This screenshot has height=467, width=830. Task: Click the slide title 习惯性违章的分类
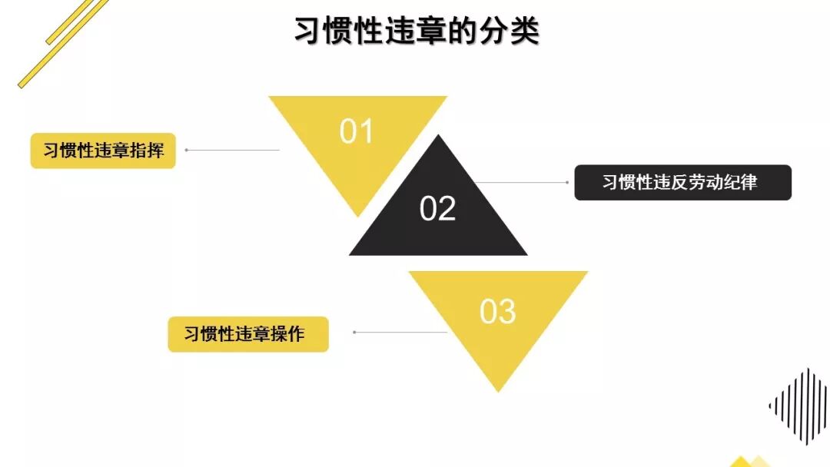coord(417,32)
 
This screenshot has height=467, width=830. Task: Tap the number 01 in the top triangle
coord(357,132)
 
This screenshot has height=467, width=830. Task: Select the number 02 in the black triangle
coord(438,209)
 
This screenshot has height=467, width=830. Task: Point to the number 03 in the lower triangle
coord(497,312)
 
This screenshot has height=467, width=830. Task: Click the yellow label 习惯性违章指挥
coord(103,151)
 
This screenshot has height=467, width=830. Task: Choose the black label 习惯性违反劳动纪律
coord(682,182)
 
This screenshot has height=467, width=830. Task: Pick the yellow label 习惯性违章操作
coord(247,334)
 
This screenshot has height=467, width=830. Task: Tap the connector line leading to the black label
coord(523,183)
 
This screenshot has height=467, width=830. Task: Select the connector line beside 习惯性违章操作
coord(400,333)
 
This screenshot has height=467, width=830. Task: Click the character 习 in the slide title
coord(308,32)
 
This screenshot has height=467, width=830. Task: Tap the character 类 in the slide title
coord(525,32)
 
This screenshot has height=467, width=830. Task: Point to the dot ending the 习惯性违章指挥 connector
coord(187,151)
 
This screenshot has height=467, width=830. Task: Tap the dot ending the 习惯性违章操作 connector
coord(354,333)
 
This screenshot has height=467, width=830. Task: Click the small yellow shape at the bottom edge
coord(742,462)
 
